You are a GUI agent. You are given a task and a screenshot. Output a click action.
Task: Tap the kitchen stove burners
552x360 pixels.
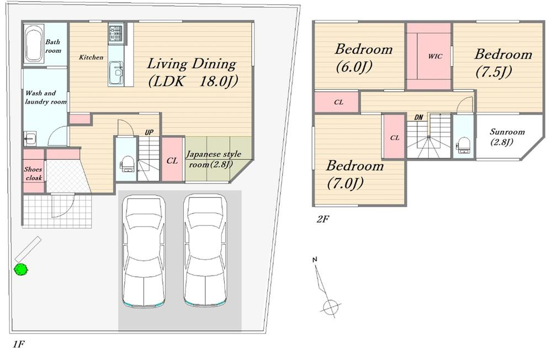(115, 34)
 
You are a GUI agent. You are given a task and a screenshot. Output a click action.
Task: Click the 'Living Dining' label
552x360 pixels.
(192, 64)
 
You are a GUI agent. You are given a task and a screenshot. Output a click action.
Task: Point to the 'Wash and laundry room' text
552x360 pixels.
(45, 98)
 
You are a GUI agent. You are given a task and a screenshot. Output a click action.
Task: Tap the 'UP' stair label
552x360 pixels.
(149, 132)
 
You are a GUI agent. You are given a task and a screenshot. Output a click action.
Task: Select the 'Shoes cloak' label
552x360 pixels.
(33, 173)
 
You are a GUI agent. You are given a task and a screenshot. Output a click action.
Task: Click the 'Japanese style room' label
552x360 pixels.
(213, 159)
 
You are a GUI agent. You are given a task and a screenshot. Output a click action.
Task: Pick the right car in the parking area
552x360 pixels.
(205, 250)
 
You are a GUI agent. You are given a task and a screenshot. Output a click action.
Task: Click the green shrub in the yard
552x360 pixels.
(21, 269)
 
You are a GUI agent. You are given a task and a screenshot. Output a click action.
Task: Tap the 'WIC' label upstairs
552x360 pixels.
(435, 56)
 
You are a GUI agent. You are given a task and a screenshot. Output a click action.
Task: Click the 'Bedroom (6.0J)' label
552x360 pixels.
(363, 57)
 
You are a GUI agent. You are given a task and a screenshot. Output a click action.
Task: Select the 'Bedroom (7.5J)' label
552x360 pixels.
(503, 63)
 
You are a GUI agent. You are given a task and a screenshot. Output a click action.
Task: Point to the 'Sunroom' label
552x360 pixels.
(507, 132)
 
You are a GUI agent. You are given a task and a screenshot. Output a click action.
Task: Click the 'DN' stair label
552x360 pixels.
(418, 117)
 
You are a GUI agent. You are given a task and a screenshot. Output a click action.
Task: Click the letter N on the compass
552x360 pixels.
(315, 260)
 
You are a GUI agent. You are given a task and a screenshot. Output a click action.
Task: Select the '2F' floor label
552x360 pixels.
(323, 219)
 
